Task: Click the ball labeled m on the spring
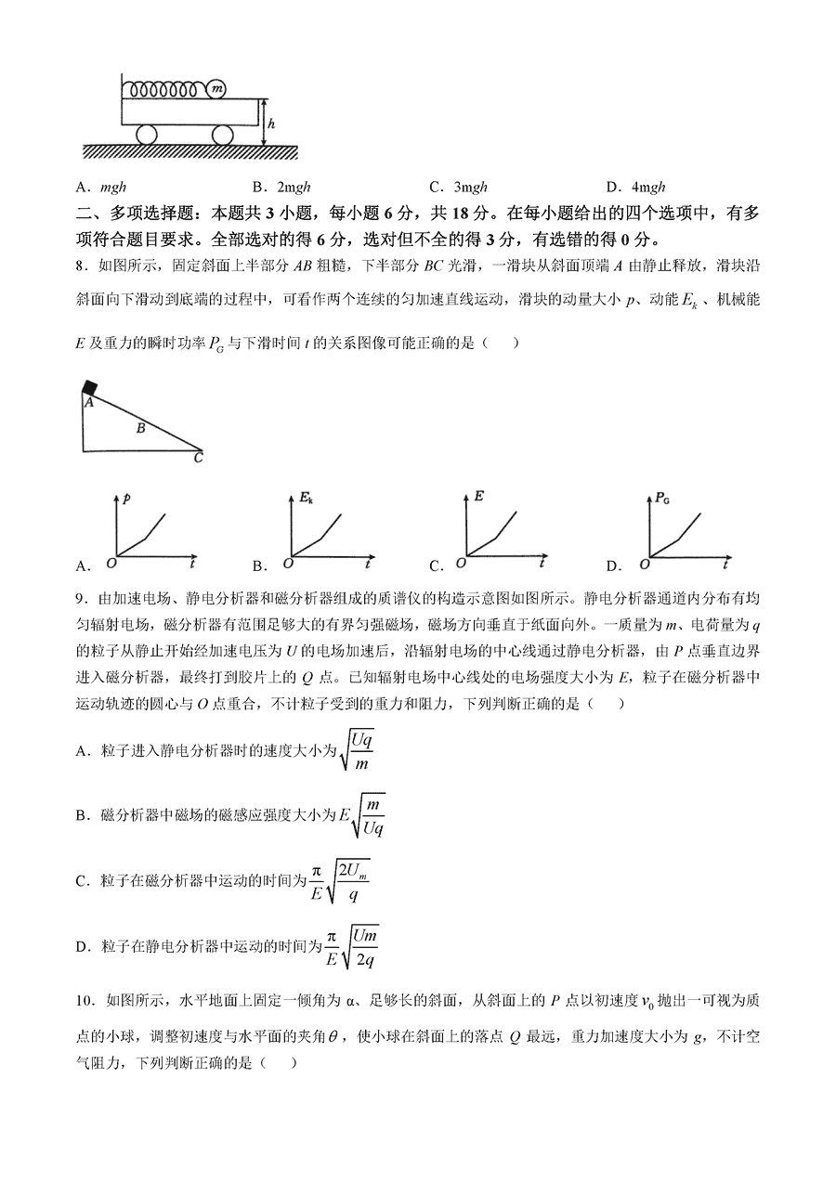click(217, 89)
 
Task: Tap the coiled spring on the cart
click(165, 90)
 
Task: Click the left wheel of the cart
click(148, 135)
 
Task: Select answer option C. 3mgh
click(458, 186)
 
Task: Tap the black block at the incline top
click(89, 387)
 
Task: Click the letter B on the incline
click(140, 428)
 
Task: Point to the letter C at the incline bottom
click(198, 457)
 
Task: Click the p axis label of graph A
click(125, 499)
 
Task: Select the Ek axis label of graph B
click(305, 500)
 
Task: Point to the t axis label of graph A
click(191, 563)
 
